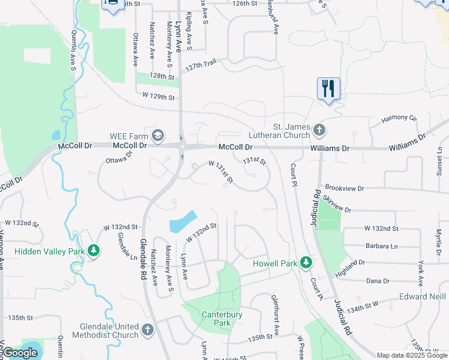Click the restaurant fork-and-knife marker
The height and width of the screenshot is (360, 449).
tap(328, 89)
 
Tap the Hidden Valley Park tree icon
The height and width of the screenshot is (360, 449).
tap(93, 251)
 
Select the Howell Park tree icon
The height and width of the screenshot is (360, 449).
tap(306, 263)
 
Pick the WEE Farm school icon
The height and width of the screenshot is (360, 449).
tap(158, 135)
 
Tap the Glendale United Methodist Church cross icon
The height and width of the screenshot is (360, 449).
tap(148, 329)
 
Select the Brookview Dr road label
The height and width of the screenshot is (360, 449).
tap(344, 188)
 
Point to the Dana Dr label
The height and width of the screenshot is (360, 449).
tap(378, 280)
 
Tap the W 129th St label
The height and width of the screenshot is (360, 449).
tap(158, 96)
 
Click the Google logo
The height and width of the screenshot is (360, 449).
tap(20, 353)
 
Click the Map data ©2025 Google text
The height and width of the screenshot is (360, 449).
tap(411, 355)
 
